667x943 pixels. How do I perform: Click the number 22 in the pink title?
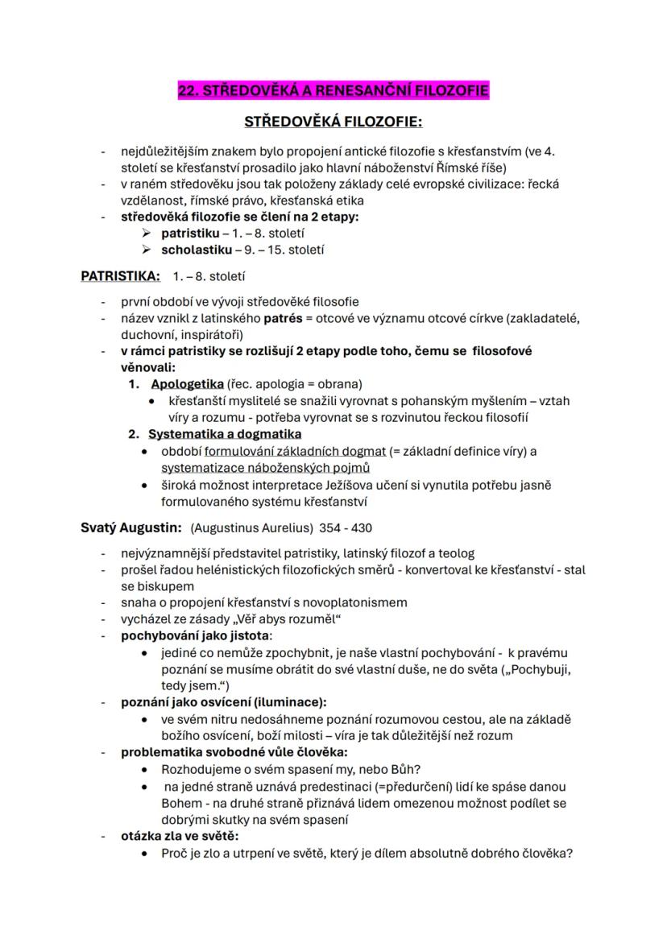pos(187,90)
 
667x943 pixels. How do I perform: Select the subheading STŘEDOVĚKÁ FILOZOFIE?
pos(333,122)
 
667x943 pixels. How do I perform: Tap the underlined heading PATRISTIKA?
pos(120,277)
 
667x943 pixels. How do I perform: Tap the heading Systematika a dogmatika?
pos(225,434)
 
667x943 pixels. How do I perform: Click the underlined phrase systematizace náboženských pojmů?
pos(265,468)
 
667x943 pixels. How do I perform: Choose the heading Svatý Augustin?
pos(130,528)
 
